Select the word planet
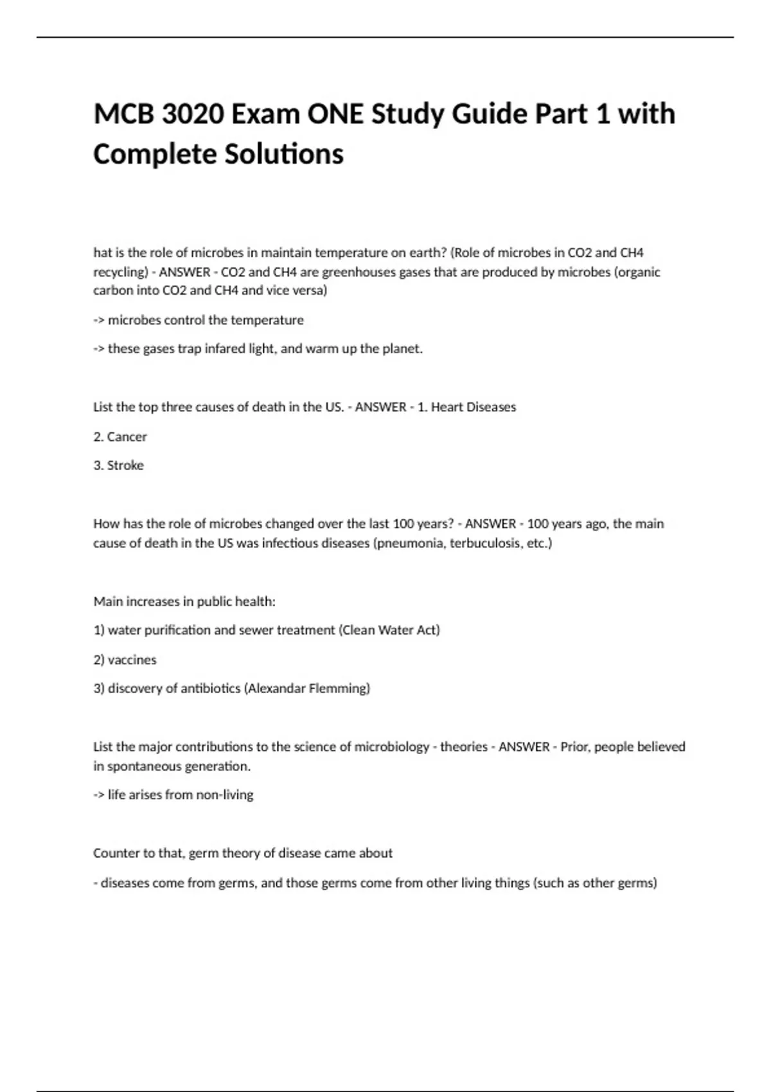[x=402, y=349]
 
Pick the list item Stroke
[x=125, y=465]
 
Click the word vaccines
[x=132, y=660]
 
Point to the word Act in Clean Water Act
[x=428, y=630]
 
